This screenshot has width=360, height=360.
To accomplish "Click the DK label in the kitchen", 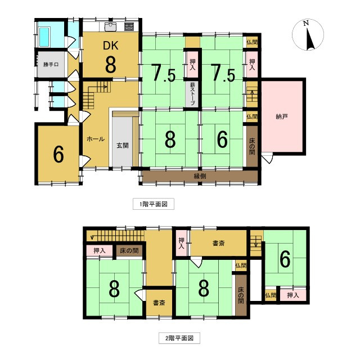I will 110,46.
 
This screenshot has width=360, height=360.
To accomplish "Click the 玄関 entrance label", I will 123,145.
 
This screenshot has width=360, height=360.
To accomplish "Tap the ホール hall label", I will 94,139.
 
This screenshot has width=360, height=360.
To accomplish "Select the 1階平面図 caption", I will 150,204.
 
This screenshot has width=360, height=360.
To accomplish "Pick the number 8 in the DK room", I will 111,64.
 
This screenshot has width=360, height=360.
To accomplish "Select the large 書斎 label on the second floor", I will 219,244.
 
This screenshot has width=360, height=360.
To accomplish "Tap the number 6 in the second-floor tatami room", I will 285,259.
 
